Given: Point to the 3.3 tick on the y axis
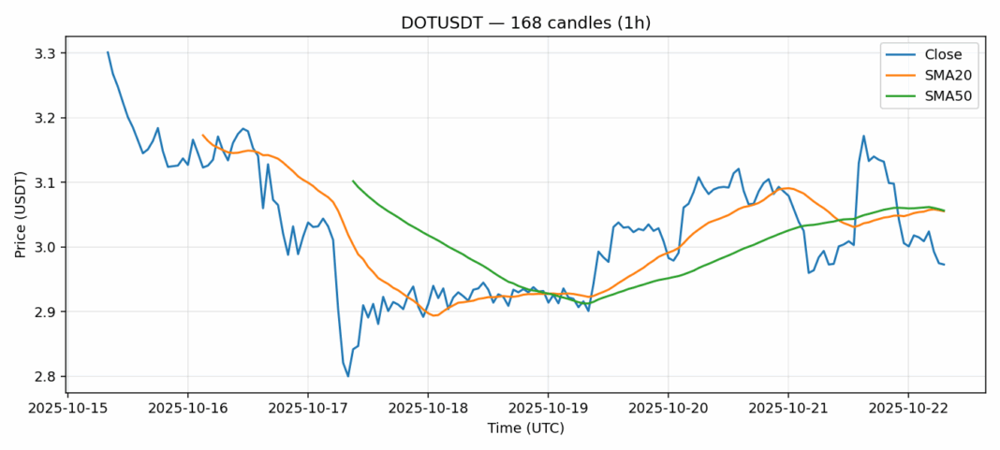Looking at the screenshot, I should [x=45, y=53].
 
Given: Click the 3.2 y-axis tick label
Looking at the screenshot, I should [x=45, y=118].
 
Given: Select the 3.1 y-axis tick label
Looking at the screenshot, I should [x=45, y=182].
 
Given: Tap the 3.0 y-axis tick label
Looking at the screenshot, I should [x=45, y=247].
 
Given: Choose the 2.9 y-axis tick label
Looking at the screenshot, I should [x=45, y=312].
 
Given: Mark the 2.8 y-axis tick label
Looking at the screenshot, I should [x=45, y=376].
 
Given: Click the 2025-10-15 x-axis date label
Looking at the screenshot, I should [x=68, y=410].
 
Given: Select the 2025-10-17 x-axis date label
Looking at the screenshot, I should [x=308, y=410].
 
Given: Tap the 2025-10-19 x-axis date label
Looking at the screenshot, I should [x=548, y=410].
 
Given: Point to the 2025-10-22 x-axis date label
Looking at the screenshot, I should [x=907, y=410].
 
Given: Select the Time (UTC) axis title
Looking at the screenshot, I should [x=525, y=428].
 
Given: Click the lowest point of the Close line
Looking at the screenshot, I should [x=348, y=376].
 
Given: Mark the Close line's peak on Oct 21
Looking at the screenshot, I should [x=863, y=136].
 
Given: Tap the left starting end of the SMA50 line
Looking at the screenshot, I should [x=353, y=181].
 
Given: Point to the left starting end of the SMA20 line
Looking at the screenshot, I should [x=203, y=135].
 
